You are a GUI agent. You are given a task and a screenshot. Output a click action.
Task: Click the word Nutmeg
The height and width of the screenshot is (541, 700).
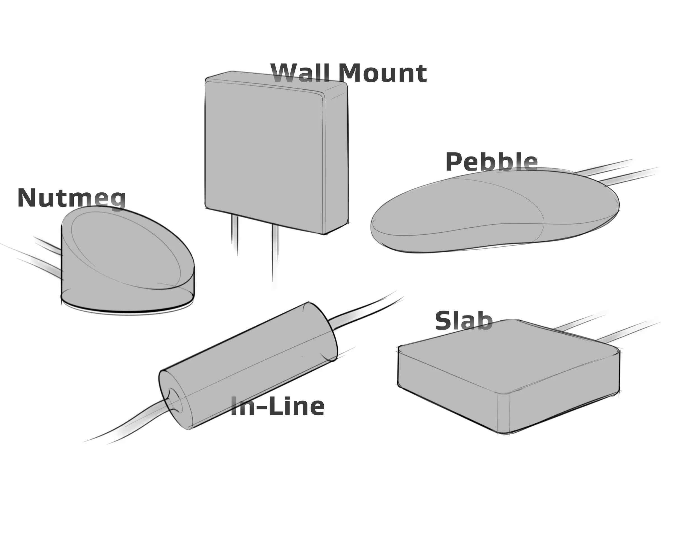[71, 198]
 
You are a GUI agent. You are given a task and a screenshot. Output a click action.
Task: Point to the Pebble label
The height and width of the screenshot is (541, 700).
[491, 162]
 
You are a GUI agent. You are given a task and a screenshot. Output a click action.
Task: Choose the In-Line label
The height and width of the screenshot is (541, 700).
[277, 406]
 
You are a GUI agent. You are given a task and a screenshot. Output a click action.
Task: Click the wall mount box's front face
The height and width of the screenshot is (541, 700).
[263, 154]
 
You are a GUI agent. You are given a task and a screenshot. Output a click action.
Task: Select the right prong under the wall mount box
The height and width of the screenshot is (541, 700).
[275, 253]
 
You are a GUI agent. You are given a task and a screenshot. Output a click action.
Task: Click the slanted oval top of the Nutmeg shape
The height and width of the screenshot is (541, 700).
[125, 247]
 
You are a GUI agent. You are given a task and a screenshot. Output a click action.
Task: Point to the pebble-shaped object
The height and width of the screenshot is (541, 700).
[494, 211]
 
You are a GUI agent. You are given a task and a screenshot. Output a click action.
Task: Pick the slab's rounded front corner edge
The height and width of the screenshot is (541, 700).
[503, 413]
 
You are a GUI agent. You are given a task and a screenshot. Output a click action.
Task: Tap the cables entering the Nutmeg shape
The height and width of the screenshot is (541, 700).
[42, 256]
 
